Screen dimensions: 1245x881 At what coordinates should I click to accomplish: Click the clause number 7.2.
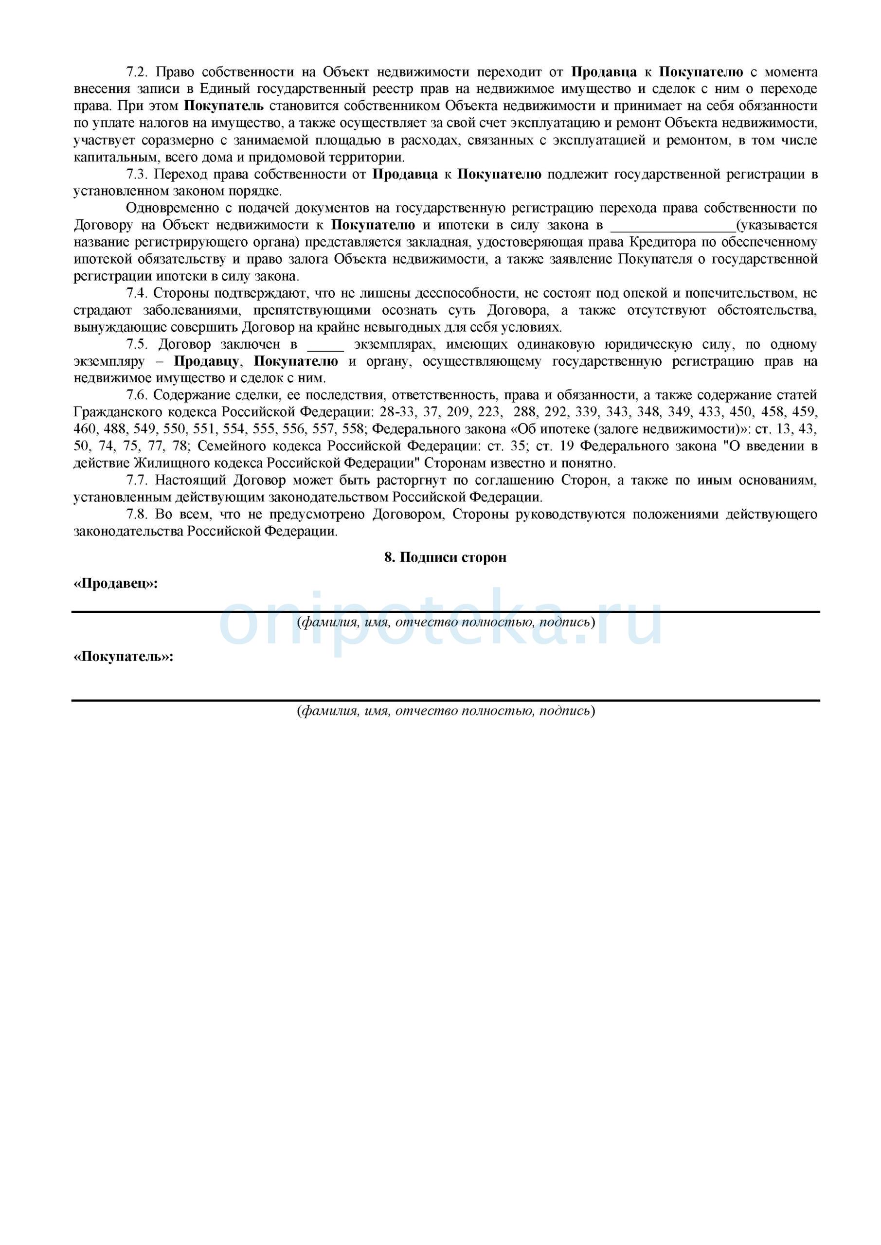pos(137,72)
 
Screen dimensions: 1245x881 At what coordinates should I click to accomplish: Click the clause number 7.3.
pos(137,175)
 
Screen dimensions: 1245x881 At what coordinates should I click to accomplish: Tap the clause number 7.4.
pos(137,294)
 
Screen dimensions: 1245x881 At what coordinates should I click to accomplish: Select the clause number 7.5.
pos(137,345)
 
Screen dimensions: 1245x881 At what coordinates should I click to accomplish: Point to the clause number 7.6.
pos(137,396)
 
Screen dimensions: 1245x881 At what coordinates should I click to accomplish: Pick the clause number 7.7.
pos(137,480)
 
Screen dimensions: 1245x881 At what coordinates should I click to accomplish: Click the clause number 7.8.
pos(137,514)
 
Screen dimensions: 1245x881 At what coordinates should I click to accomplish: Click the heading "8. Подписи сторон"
pos(446,557)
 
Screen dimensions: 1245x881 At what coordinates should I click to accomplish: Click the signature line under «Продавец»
pos(446,612)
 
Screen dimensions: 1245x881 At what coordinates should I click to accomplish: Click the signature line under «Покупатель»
pos(446,701)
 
